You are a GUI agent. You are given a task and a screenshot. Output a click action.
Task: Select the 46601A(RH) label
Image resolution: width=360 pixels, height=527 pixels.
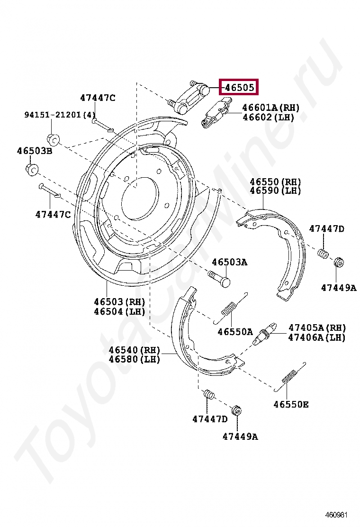(270, 108)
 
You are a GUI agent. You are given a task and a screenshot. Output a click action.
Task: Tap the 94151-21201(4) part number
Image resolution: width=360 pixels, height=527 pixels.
(60, 115)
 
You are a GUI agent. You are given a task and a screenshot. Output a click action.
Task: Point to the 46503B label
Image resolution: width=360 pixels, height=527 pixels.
(35, 151)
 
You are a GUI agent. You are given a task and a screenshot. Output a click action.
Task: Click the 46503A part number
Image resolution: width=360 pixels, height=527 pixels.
(229, 262)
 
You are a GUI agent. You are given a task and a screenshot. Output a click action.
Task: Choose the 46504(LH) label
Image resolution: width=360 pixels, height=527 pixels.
(119, 311)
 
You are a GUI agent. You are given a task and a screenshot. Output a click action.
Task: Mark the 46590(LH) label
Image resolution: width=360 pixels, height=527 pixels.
(275, 191)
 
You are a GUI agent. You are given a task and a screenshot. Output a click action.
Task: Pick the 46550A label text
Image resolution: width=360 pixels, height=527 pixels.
(235, 332)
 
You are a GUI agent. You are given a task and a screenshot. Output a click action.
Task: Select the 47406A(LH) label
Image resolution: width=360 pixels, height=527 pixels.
(317, 337)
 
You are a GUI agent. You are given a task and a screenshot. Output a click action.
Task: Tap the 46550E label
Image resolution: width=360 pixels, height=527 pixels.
(291, 404)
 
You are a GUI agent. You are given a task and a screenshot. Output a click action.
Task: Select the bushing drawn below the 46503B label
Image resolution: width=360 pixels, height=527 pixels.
(31, 169)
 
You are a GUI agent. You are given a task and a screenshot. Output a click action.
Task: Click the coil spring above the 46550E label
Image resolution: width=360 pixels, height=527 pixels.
(289, 377)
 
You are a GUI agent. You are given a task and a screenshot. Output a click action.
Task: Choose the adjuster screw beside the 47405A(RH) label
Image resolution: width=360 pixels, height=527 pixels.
(264, 334)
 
